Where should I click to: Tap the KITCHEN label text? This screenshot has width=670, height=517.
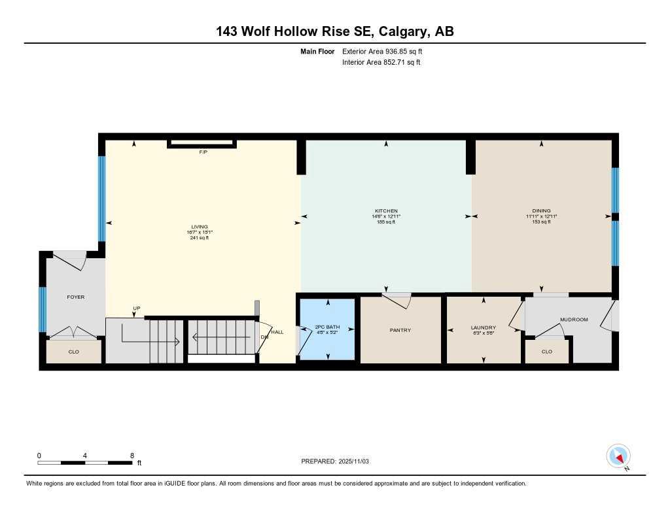pyautogui.click(x=386, y=211)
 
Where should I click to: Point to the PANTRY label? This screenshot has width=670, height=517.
pyautogui.click(x=400, y=330)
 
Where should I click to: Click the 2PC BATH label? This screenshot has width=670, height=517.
pyautogui.click(x=327, y=327)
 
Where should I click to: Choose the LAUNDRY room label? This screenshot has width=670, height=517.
pyautogui.click(x=484, y=327)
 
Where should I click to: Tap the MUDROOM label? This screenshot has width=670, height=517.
pyautogui.click(x=574, y=320)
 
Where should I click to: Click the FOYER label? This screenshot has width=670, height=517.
pyautogui.click(x=76, y=297)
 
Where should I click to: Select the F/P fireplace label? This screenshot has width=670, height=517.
pyautogui.click(x=203, y=152)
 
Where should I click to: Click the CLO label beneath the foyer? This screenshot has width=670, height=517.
pyautogui.click(x=74, y=352)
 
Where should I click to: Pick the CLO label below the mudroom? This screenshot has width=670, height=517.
pyautogui.click(x=547, y=352)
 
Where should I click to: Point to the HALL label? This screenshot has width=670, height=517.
pyautogui.click(x=278, y=332)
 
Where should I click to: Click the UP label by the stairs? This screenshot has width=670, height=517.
pyautogui.click(x=137, y=308)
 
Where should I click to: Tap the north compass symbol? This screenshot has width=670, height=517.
pyautogui.click(x=618, y=456)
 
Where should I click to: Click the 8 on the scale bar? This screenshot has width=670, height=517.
pyautogui.click(x=132, y=456)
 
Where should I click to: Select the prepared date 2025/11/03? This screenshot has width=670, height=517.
pyautogui.click(x=359, y=461)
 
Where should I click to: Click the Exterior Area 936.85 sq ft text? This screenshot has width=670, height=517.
pyautogui.click(x=386, y=51)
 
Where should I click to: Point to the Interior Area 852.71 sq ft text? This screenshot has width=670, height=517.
pyautogui.click(x=381, y=63)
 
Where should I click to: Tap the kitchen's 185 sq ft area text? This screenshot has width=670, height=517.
pyautogui.click(x=386, y=222)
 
